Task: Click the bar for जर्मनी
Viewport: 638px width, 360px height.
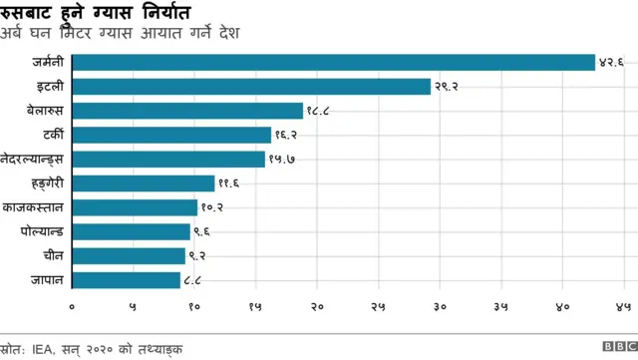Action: click(x=334, y=62)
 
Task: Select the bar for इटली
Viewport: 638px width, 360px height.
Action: click(x=251, y=87)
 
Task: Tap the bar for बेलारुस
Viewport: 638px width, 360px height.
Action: click(x=187, y=111)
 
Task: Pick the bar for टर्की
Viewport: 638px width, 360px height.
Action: click(x=171, y=135)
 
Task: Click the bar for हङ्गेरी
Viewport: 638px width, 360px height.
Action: click(x=144, y=183)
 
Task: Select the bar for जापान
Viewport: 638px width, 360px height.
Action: click(x=127, y=280)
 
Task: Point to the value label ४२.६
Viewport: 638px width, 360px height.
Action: click(x=611, y=62)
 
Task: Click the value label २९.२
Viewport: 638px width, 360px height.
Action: click(x=447, y=87)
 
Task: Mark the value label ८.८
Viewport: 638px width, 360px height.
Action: click(x=196, y=280)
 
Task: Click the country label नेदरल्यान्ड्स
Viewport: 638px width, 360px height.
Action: click(x=34, y=160)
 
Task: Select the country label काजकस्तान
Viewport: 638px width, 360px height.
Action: click(x=35, y=207)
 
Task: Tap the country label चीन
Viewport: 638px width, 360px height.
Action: click(x=55, y=256)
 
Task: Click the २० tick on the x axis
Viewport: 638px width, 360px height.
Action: click(x=318, y=306)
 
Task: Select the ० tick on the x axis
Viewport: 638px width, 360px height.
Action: click(x=73, y=306)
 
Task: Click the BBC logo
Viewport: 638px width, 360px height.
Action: click(x=614, y=348)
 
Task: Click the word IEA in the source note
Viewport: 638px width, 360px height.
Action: click(x=43, y=348)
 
